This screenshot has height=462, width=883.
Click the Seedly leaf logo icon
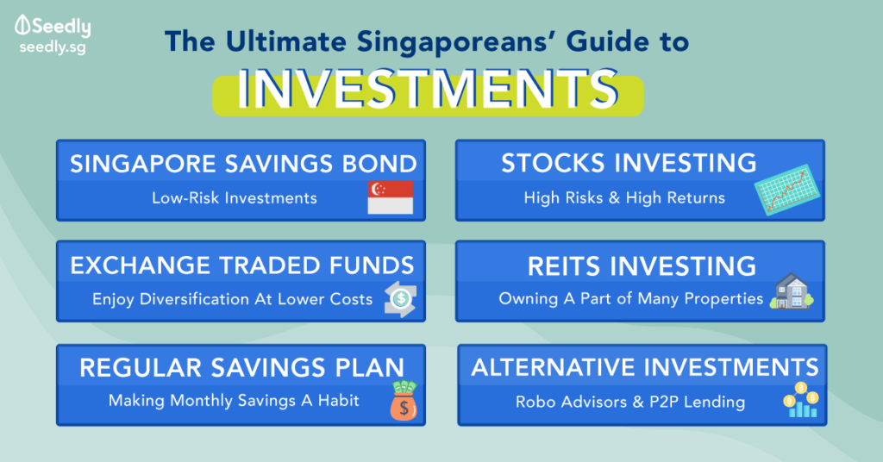point(22,25)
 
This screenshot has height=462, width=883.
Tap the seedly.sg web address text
point(53,47)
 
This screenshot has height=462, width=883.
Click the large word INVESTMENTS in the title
point(428,90)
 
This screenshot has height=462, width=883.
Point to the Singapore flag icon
point(391,197)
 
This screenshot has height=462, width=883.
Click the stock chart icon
point(786,190)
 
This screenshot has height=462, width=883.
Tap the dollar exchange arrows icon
point(400,299)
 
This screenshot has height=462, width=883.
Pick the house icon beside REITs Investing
point(792,291)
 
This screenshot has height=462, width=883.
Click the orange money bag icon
point(404,401)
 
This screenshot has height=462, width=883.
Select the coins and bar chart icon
point(801,400)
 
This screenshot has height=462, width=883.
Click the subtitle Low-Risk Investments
point(235,198)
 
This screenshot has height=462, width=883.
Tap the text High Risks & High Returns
point(624,198)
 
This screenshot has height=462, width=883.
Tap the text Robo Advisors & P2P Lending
point(630,402)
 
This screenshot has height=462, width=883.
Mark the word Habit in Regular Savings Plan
point(338,400)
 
